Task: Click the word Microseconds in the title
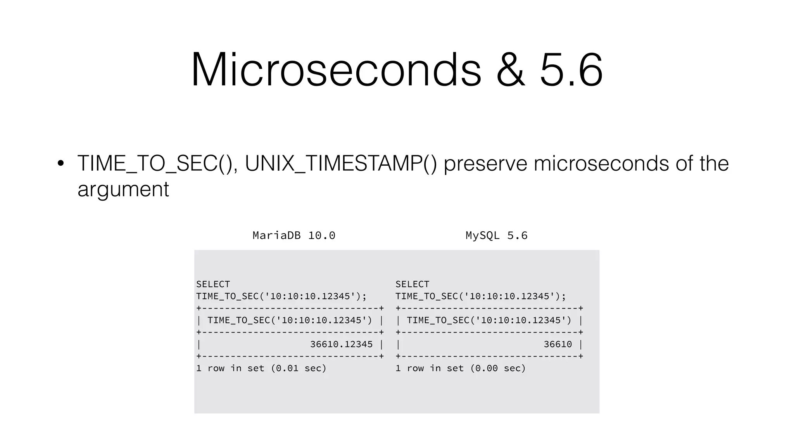coord(336,70)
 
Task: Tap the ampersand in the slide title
coord(511,70)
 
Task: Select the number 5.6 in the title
coord(571,70)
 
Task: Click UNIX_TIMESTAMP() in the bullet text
coord(340,163)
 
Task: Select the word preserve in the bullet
coord(485,163)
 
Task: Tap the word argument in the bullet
coord(123,189)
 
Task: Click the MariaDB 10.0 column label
coord(294,236)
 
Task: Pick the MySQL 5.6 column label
coord(496,236)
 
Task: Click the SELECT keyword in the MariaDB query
coord(213,284)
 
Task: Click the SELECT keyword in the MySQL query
coord(412,284)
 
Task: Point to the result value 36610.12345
coord(341,344)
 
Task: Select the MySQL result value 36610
coord(558,344)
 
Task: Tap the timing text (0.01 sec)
coord(299,368)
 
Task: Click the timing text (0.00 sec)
coord(498,368)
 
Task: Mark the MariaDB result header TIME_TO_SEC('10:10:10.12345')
coord(290,321)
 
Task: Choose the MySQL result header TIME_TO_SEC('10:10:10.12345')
coord(489,321)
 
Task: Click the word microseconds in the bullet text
coord(601,163)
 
